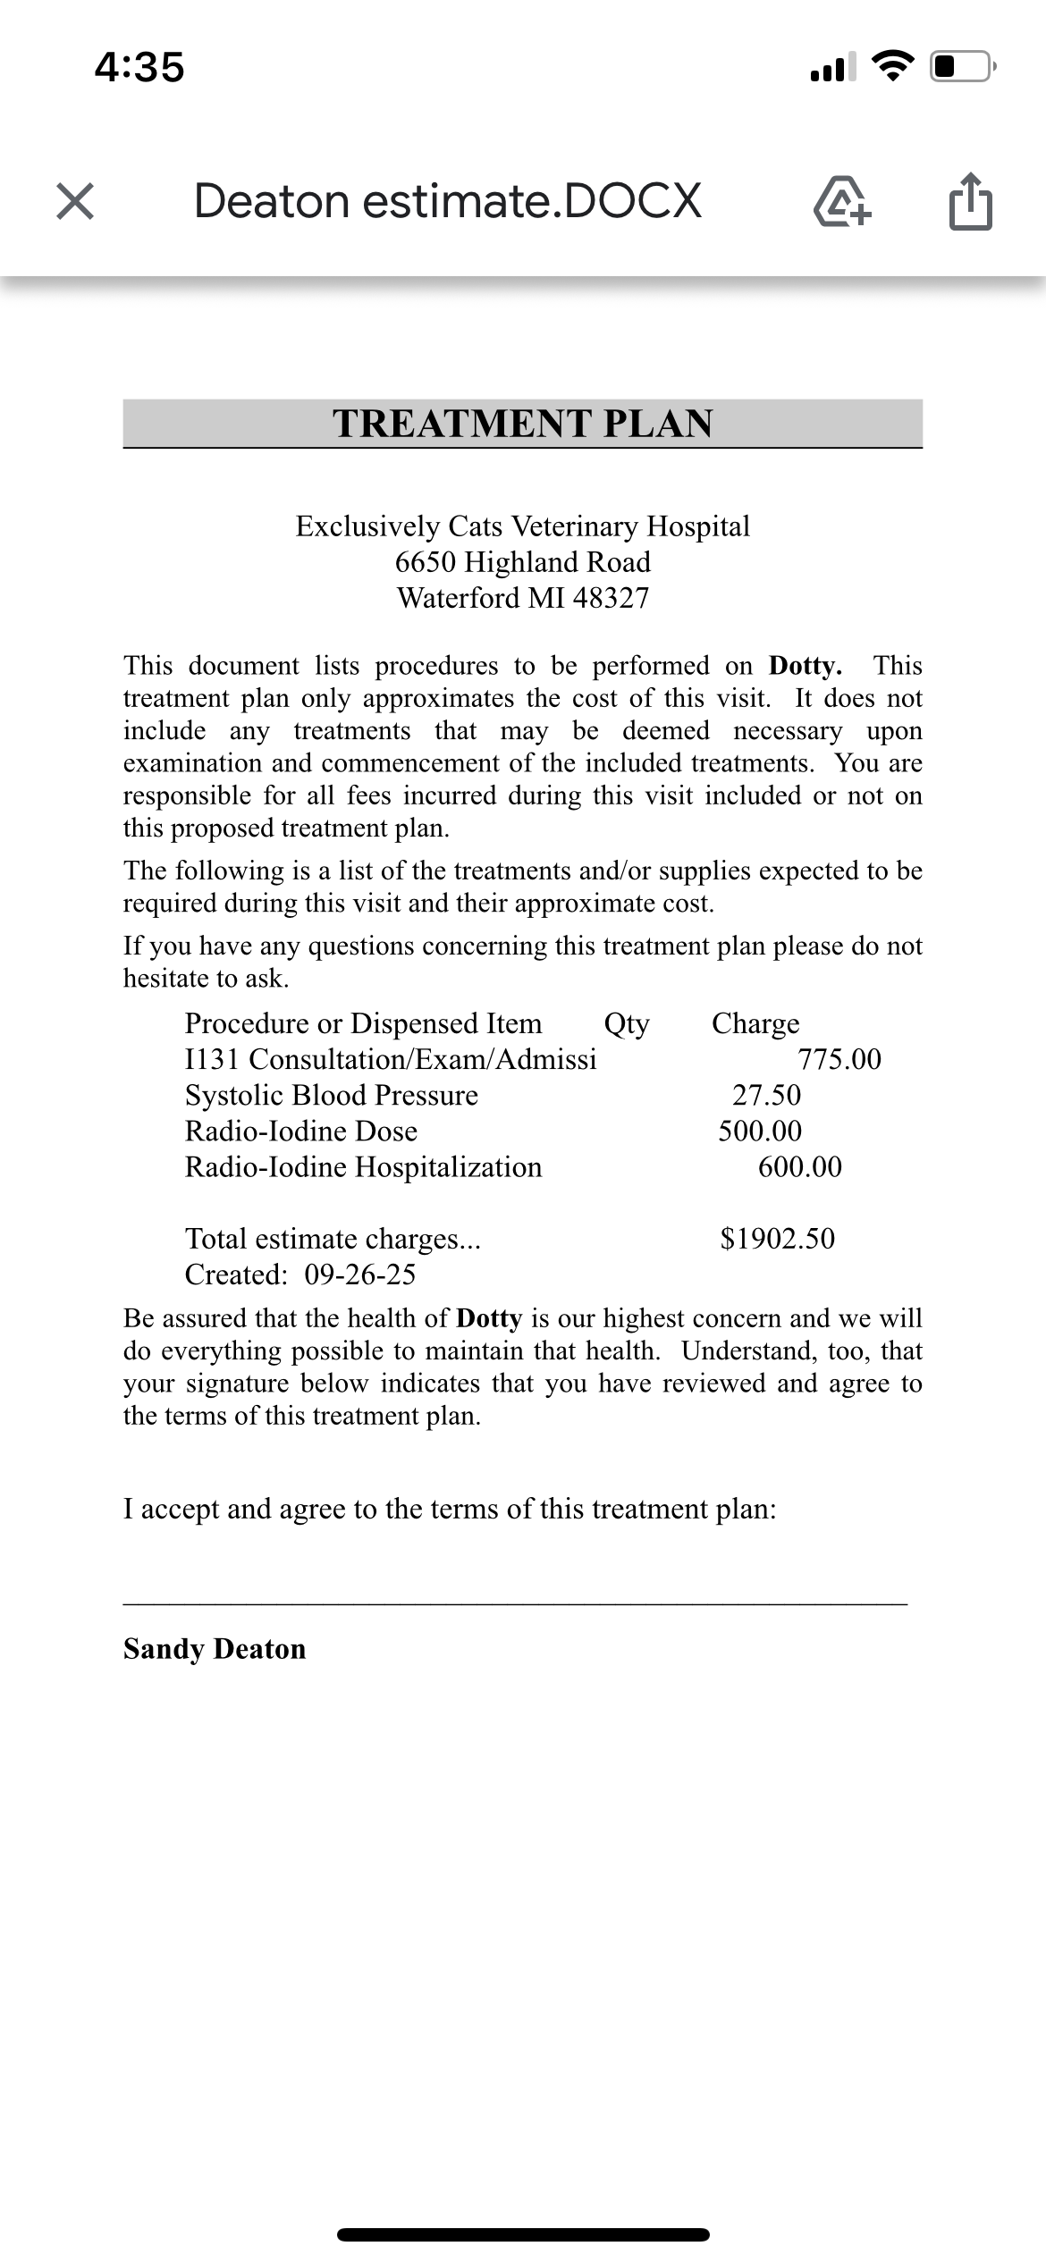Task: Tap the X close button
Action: coord(75,201)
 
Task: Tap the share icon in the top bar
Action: coord(970,203)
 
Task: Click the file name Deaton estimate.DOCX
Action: coord(447,201)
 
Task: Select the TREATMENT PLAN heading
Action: coord(523,424)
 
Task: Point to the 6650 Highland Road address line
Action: coord(523,562)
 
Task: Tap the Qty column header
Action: coord(627,1023)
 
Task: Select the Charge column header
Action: coord(755,1023)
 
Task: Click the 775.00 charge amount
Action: coord(839,1060)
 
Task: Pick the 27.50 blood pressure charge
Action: coord(767,1096)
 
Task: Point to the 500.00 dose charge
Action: coord(761,1131)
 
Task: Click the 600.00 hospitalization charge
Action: coord(800,1167)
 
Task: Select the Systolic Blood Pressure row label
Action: coord(332,1096)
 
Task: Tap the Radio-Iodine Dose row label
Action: coord(301,1131)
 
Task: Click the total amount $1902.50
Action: coord(778,1239)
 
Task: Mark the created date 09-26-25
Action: coord(360,1275)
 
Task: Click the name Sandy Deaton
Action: coord(215,1649)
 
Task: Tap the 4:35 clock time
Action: coord(139,68)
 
